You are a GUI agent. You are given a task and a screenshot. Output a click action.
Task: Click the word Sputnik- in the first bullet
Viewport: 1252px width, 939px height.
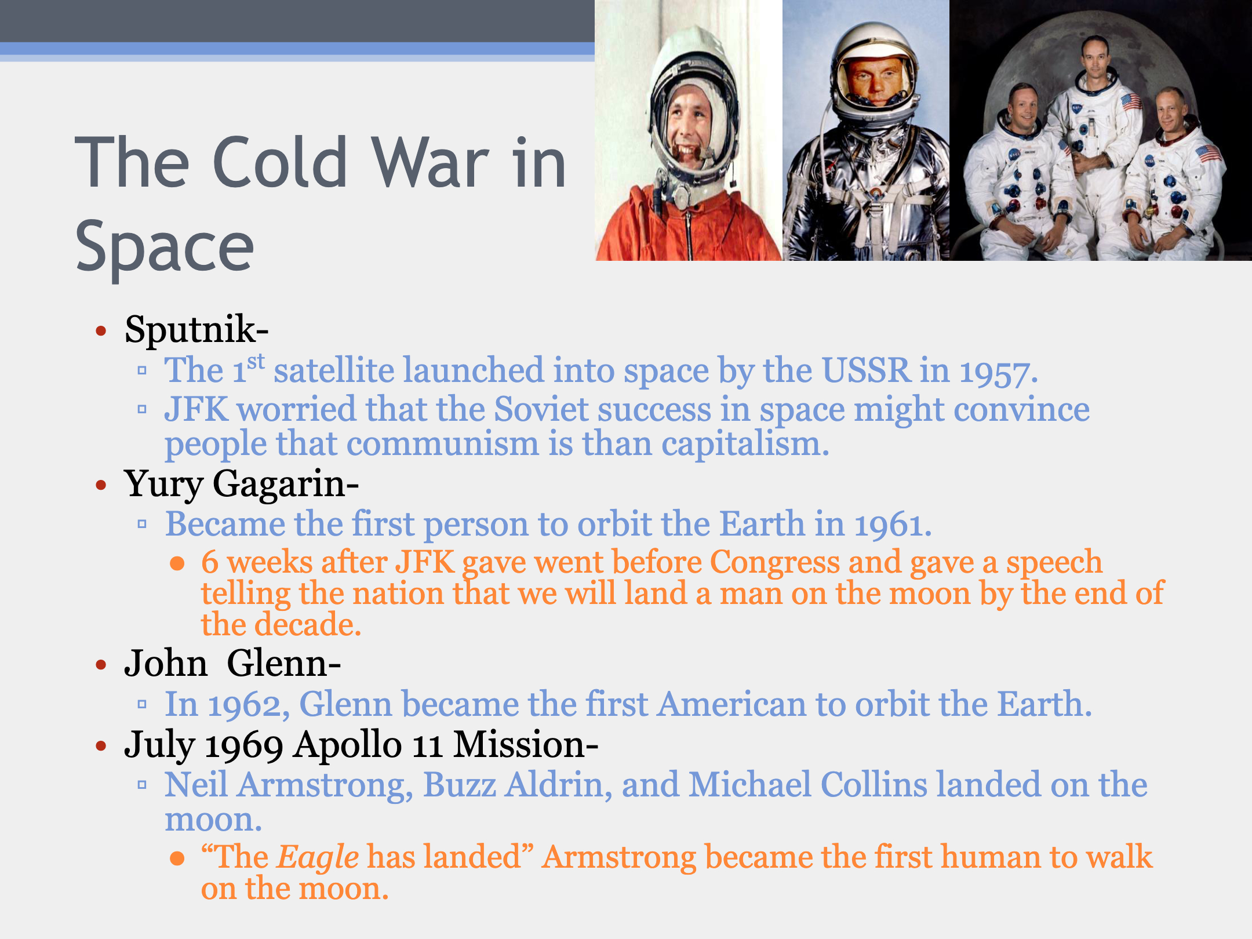[196, 330]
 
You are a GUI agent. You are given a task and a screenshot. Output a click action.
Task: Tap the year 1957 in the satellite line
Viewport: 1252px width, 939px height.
[998, 371]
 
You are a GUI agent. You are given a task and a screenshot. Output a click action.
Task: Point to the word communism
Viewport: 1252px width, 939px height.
[443, 444]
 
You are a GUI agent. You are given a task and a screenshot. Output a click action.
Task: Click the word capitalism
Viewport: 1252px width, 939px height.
[745, 445]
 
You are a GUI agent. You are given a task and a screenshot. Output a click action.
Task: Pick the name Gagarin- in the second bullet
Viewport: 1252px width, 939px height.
[286, 485]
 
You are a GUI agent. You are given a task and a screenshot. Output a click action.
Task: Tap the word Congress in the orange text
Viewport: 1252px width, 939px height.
[774, 563]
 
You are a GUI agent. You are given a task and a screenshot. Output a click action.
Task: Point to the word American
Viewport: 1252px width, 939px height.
[731, 704]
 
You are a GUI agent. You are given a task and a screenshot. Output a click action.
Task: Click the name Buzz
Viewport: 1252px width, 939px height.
[459, 785]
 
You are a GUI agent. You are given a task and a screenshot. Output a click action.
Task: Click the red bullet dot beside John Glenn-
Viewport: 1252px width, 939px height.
[101, 664]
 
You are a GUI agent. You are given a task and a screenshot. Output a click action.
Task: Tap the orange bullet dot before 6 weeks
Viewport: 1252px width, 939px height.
[177, 563]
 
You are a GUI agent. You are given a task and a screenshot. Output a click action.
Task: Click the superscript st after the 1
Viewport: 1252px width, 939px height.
[256, 362]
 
